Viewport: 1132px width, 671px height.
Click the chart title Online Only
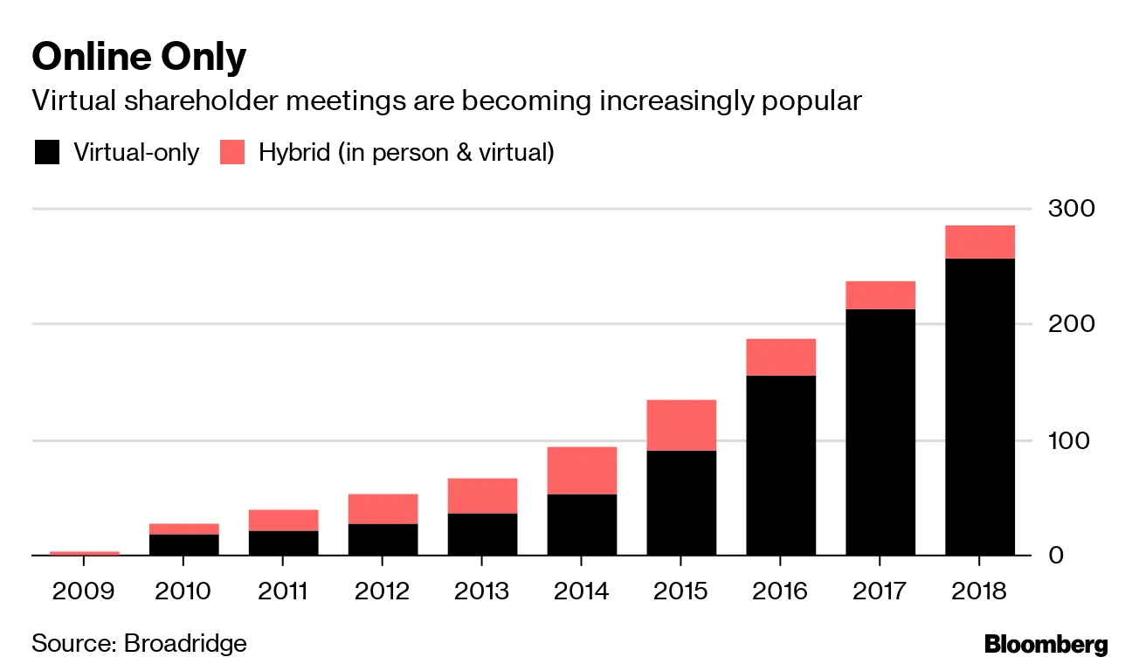coord(139,58)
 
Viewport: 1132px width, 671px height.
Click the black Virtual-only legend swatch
coord(46,153)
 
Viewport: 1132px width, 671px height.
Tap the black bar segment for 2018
coord(980,406)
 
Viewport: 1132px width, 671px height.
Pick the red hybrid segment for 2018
coord(980,242)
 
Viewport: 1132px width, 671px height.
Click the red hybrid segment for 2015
coord(681,425)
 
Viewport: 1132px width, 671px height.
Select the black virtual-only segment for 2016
coord(781,465)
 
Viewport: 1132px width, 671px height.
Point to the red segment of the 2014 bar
coord(582,471)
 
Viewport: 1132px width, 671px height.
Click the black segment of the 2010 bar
coord(183,544)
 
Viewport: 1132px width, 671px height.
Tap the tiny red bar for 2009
coord(84,553)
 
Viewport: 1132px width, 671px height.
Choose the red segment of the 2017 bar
coord(880,295)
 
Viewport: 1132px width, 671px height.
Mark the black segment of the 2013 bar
coord(482,534)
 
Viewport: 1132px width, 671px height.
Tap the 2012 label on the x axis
coord(383,591)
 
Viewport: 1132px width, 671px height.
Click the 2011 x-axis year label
coord(283,591)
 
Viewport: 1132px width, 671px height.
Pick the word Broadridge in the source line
coord(185,644)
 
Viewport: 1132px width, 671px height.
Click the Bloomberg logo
coord(1046,646)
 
